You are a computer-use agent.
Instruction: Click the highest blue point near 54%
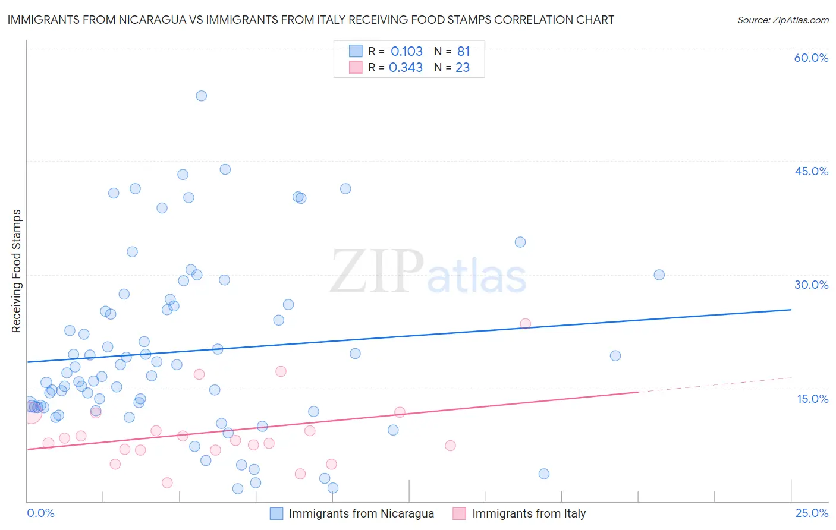click(x=201, y=96)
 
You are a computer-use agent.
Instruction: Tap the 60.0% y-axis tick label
click(x=811, y=58)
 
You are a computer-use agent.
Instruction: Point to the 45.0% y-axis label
click(x=811, y=171)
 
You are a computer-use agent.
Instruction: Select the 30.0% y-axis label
click(x=811, y=285)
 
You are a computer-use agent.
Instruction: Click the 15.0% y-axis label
click(x=812, y=399)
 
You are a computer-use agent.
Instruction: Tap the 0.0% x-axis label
click(x=40, y=513)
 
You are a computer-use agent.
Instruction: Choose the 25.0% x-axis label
click(x=812, y=513)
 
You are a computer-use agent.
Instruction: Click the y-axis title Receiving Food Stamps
click(x=16, y=271)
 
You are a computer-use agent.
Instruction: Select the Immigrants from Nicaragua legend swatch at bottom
click(x=276, y=513)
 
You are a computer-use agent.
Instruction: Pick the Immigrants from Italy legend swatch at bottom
click(x=459, y=513)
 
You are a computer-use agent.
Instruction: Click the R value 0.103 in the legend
click(x=407, y=52)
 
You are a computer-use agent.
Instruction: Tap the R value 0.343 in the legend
click(x=406, y=68)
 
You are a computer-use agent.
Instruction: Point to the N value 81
click(x=464, y=52)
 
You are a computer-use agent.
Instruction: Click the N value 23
click(x=463, y=68)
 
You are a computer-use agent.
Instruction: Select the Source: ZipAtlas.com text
click(x=782, y=20)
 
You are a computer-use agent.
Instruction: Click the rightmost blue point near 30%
click(x=659, y=275)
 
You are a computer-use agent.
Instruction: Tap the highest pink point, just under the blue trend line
click(x=525, y=324)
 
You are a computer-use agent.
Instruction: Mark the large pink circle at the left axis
click(x=32, y=413)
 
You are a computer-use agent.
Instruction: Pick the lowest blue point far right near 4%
click(x=543, y=474)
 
